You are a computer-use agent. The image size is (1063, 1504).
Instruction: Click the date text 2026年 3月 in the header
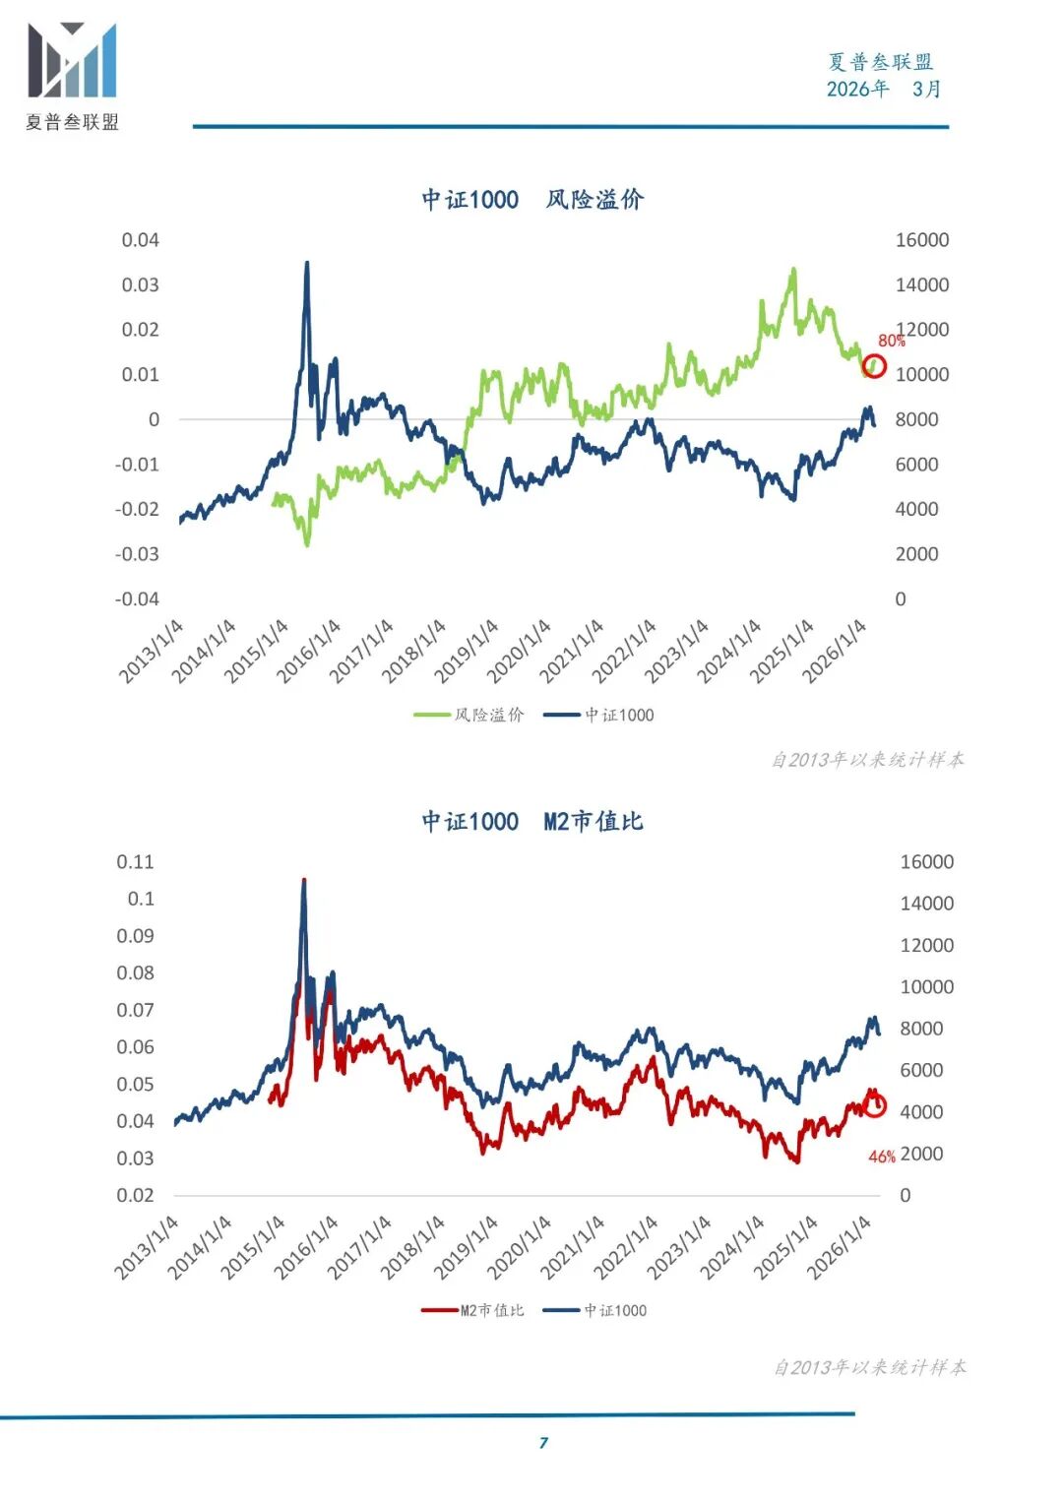[x=883, y=89]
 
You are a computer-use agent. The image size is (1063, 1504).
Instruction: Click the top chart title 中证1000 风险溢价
[x=532, y=200]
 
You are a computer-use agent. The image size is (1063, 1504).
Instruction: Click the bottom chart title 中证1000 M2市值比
[x=532, y=821]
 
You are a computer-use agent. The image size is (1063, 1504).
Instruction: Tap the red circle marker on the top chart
[x=874, y=367]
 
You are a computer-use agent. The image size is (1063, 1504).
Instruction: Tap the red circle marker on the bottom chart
[x=874, y=1105]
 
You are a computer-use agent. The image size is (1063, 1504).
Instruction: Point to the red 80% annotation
[x=891, y=341]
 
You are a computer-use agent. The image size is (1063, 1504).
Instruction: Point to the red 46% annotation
[x=881, y=1157]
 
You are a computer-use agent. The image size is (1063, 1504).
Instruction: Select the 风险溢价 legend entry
[x=469, y=715]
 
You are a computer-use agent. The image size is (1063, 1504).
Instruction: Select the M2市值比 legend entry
[x=473, y=1310]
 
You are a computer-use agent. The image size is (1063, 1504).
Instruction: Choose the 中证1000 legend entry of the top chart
[x=599, y=715]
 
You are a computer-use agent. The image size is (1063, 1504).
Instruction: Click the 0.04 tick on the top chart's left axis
[x=140, y=240]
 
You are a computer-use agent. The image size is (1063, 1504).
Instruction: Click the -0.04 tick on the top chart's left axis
[x=137, y=598]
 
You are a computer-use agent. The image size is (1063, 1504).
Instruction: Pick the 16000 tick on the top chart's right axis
[x=921, y=240]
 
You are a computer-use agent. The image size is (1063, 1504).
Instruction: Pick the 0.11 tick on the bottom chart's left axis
[x=135, y=862]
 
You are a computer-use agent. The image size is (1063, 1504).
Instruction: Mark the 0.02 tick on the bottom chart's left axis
[x=135, y=1195]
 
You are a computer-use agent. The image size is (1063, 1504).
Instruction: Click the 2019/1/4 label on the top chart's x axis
[x=467, y=652]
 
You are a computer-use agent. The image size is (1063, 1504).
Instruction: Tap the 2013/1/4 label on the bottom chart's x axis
[x=147, y=1247]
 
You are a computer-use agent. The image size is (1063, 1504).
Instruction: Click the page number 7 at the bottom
[x=543, y=1443]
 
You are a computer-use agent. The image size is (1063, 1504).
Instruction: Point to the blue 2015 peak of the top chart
[x=307, y=264]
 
